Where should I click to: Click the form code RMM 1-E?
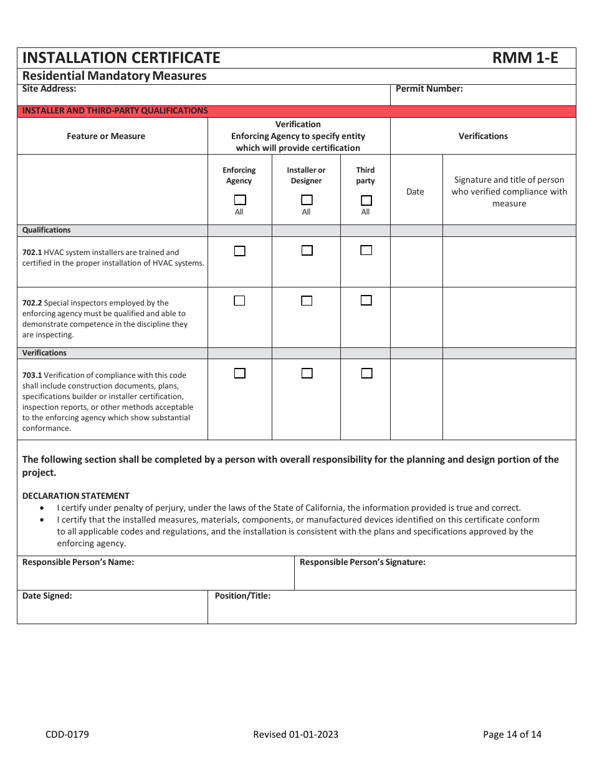(525, 58)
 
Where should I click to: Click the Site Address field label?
(49, 89)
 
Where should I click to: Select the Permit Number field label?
(429, 89)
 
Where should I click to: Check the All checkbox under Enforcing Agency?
(240, 200)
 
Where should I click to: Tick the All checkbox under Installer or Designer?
(307, 200)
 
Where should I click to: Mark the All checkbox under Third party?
(366, 200)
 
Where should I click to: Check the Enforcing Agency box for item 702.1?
(239, 251)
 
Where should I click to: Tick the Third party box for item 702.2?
(366, 301)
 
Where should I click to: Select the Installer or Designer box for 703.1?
(307, 374)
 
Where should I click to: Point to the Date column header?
(415, 191)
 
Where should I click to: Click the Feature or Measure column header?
(106, 136)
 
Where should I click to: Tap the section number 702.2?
(32, 303)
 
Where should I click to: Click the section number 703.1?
(32, 375)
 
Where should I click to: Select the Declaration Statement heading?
(76, 496)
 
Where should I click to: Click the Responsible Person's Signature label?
(362, 562)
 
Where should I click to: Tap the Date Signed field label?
(47, 596)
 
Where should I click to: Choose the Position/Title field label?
(242, 596)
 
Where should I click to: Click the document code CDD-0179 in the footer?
(67, 734)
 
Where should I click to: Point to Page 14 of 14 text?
(512, 734)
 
